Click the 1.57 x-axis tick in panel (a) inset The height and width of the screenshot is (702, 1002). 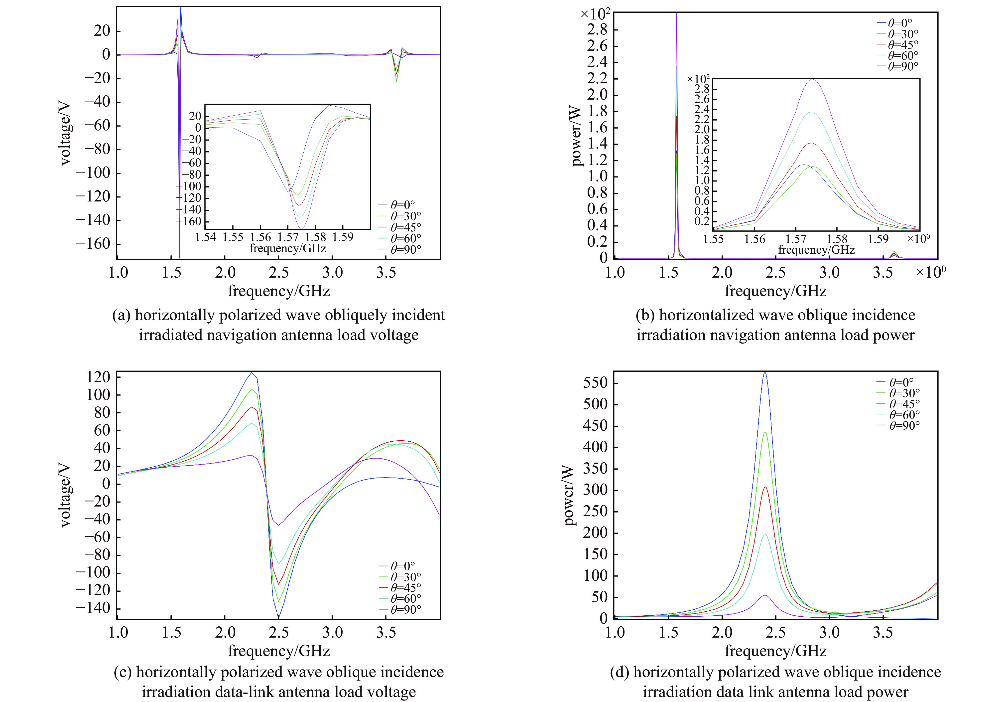288,237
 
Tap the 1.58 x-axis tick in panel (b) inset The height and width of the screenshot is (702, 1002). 837,239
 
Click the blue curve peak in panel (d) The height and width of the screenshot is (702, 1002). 764,372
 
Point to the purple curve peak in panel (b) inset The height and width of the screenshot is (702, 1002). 813,79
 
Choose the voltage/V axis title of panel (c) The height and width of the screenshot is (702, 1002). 65,496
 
